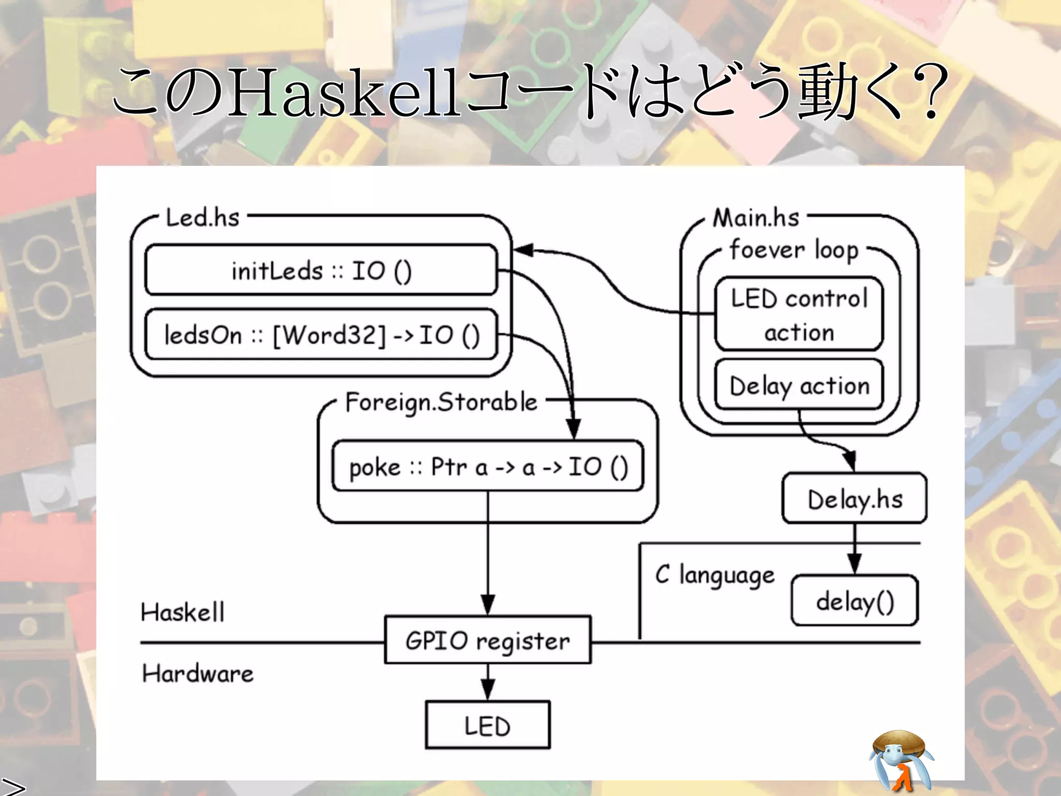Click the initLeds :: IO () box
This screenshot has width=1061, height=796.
coord(321,270)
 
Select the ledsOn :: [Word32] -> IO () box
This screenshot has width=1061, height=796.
coord(321,335)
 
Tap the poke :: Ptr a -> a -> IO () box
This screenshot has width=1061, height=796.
coord(488,466)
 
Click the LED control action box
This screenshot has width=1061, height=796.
coord(799,315)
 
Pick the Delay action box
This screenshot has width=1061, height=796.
coord(799,386)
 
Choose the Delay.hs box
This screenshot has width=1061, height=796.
coord(854,499)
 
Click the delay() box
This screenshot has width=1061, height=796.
coord(854,601)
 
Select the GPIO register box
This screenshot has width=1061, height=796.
coord(488,641)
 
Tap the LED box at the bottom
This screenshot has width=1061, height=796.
coord(488,725)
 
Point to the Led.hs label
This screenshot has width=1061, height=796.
coord(203,218)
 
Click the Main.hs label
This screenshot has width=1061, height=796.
coord(756,218)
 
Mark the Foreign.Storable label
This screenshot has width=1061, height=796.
coord(441,402)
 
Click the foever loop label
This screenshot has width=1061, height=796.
coord(794,250)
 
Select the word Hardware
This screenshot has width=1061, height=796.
coord(198,674)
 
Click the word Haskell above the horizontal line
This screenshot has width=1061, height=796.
coord(182,612)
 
